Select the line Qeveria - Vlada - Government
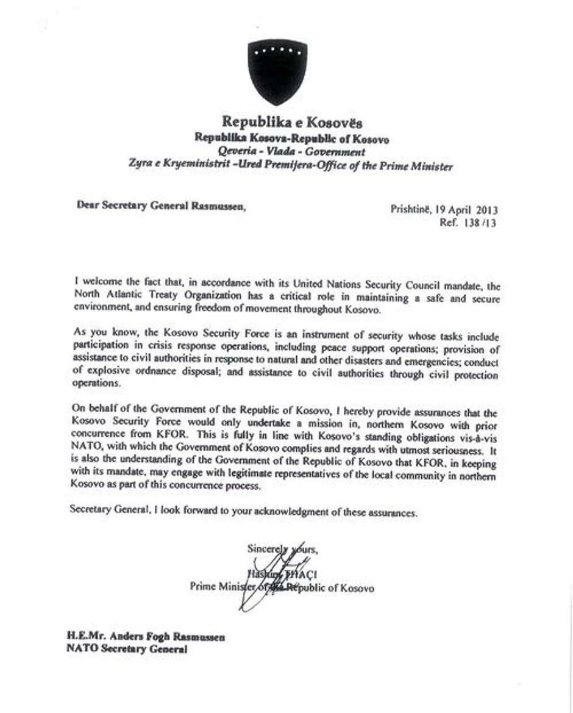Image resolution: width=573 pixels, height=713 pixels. (292, 152)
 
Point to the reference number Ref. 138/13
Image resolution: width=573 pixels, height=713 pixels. (468, 223)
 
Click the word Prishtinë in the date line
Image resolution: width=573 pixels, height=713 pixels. (411, 209)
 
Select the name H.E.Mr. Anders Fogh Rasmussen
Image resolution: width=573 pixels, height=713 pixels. (146, 637)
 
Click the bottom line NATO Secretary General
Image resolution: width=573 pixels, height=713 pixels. (126, 650)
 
